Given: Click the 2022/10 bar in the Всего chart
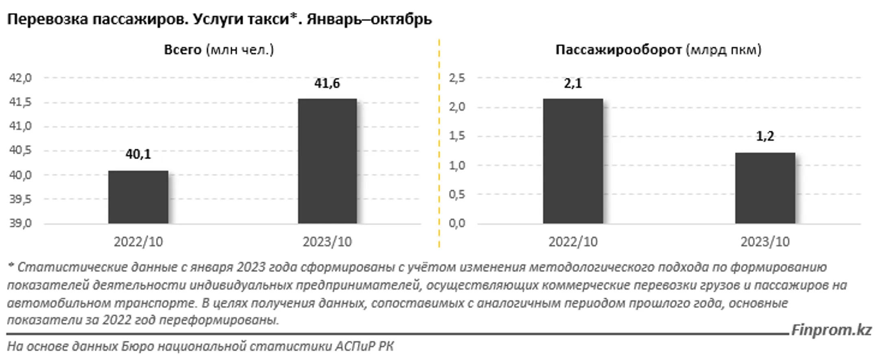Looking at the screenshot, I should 138,197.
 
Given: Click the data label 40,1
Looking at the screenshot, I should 138,154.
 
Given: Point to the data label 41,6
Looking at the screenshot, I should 327,83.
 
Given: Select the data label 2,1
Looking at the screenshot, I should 573,83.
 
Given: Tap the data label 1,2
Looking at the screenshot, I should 765,136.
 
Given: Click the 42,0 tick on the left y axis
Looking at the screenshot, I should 20,78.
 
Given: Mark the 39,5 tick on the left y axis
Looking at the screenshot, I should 20,199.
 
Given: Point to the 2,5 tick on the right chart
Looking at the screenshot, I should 457,78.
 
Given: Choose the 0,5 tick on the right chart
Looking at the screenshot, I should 457,194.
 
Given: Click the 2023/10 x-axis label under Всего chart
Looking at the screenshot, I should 327,242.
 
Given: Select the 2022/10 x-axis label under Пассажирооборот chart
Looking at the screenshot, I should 573,242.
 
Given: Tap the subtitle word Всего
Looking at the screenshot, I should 183,50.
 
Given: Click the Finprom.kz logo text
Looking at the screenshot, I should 831,330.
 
